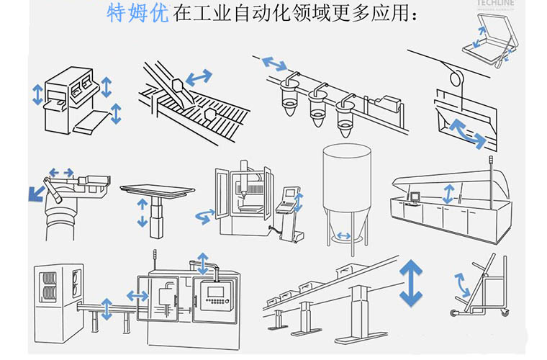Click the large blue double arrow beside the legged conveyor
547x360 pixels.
412,283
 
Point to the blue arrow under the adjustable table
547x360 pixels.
142,214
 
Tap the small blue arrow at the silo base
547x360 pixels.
345,235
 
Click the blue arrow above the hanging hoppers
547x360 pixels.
273,64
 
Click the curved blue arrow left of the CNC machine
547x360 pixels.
204,215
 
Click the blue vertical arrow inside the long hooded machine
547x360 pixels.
448,194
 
